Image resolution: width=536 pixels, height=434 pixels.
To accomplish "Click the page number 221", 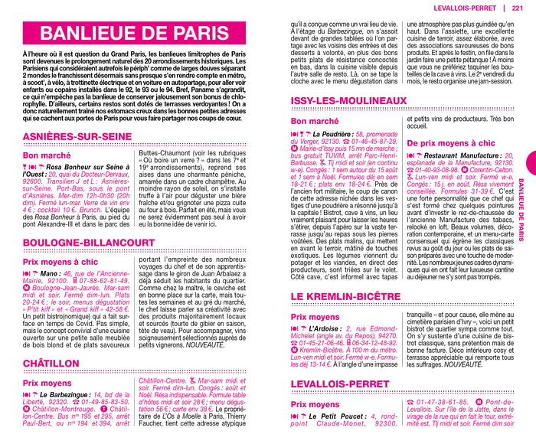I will coord(518,8).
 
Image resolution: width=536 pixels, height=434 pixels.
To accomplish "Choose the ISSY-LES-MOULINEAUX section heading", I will coord(359,101).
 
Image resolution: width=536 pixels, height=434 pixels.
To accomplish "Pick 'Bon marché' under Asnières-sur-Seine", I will coord(47,155).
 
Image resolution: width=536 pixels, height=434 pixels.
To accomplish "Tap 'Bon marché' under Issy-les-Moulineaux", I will coord(315,121).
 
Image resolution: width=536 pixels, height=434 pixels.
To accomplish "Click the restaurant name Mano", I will coord(51,272).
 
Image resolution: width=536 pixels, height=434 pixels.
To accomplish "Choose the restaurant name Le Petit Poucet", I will coord(341,416).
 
